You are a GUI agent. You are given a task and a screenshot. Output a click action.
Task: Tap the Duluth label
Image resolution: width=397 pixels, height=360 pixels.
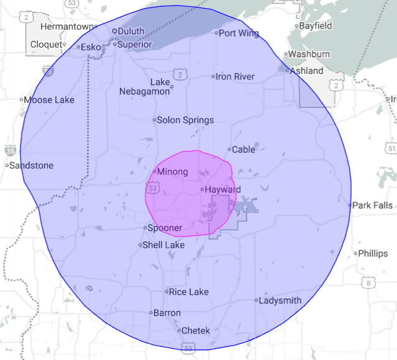[x=131, y=31]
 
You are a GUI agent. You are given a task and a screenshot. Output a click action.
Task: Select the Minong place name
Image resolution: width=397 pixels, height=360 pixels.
[x=173, y=172]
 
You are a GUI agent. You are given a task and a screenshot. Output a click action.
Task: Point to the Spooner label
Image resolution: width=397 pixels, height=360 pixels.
[x=165, y=228]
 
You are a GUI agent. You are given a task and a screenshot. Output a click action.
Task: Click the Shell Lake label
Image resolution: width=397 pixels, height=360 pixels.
[x=163, y=245]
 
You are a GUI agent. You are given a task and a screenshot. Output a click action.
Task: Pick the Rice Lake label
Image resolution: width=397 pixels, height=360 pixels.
[x=189, y=291]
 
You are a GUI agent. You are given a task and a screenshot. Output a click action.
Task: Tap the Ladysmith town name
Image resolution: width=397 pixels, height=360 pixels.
[x=280, y=300]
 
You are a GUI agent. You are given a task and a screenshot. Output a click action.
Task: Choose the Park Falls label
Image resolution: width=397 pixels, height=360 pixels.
[x=372, y=205]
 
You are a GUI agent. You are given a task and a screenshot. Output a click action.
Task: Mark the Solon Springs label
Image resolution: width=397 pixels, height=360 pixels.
[x=185, y=120]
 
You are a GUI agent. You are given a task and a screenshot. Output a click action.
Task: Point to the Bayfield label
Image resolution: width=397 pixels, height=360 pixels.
[x=316, y=26]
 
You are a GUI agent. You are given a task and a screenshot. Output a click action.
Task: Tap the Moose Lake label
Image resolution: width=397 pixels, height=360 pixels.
[x=49, y=100]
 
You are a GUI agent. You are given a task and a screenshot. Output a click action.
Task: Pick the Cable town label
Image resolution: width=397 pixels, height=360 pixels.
[x=244, y=150]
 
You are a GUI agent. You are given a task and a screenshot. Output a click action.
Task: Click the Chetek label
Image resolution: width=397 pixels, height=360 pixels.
[x=196, y=331]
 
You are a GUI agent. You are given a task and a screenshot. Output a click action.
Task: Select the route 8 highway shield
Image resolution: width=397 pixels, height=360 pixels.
[x=369, y=284]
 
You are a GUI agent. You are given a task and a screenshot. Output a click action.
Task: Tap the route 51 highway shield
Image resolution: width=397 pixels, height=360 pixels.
[x=391, y=149]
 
